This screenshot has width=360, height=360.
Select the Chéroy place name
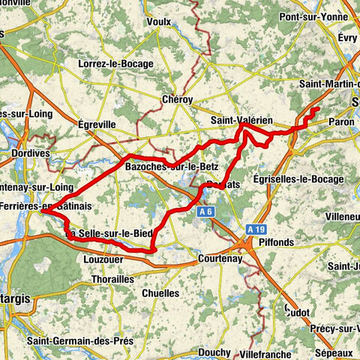tap(177, 99)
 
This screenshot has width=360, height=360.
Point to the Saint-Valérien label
tap(241, 121)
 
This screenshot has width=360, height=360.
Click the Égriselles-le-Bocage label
tap(298, 179)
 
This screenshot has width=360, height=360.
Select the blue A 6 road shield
tap(207, 213)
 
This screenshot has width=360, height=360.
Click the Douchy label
tap(214, 351)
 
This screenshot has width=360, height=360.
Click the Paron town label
tap(341, 121)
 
